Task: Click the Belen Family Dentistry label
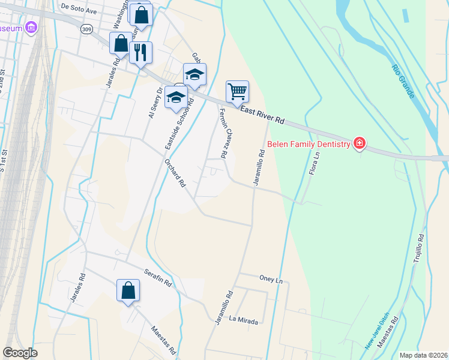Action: [x=309, y=144]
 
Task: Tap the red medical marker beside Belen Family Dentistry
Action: [x=360, y=143]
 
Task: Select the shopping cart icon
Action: [x=237, y=91]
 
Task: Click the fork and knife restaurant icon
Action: [x=140, y=52]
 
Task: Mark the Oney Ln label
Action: [x=271, y=280]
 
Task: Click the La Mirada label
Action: [x=243, y=321]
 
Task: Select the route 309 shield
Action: [x=87, y=29]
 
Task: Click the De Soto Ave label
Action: [x=79, y=10]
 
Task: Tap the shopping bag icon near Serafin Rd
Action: [x=128, y=290]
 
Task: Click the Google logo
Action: [x=20, y=353]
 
